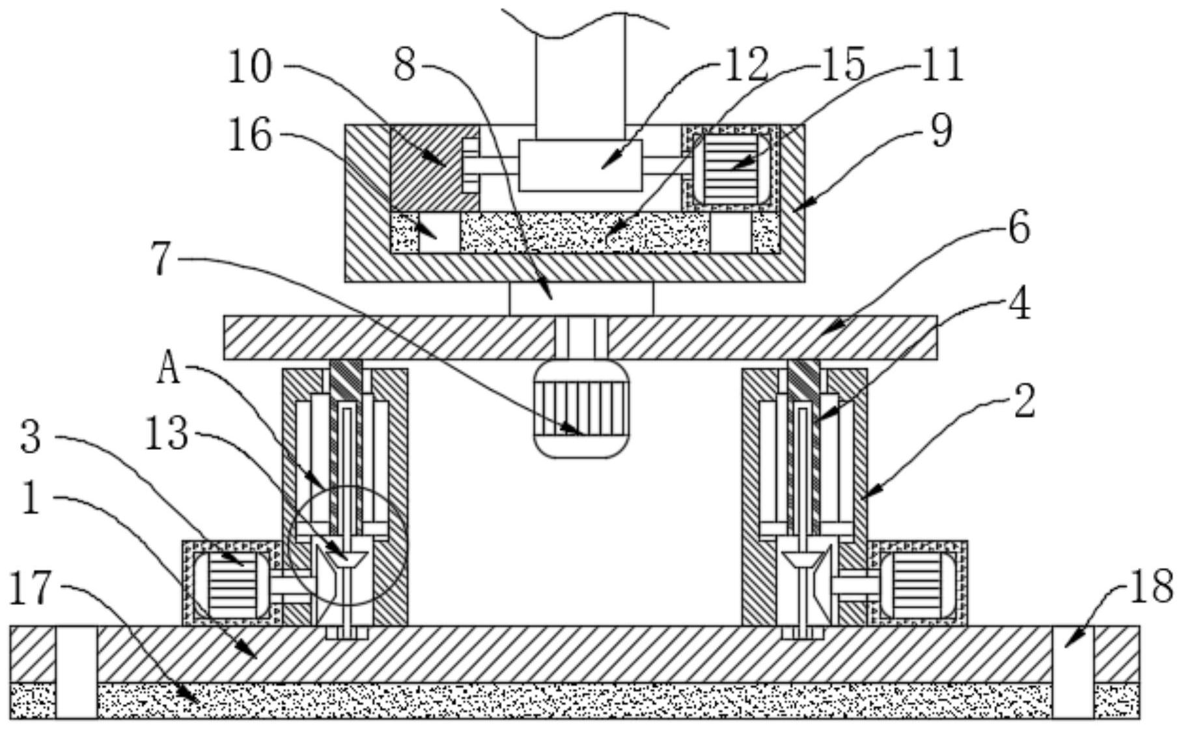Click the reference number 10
tap(249, 67)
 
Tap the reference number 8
tap(405, 66)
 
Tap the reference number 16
tap(249, 136)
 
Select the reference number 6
tap(1019, 227)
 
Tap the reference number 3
tap(31, 437)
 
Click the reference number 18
tap(1152, 585)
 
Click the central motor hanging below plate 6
tap(581, 409)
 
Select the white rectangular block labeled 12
tap(580, 165)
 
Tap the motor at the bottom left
tap(230, 583)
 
